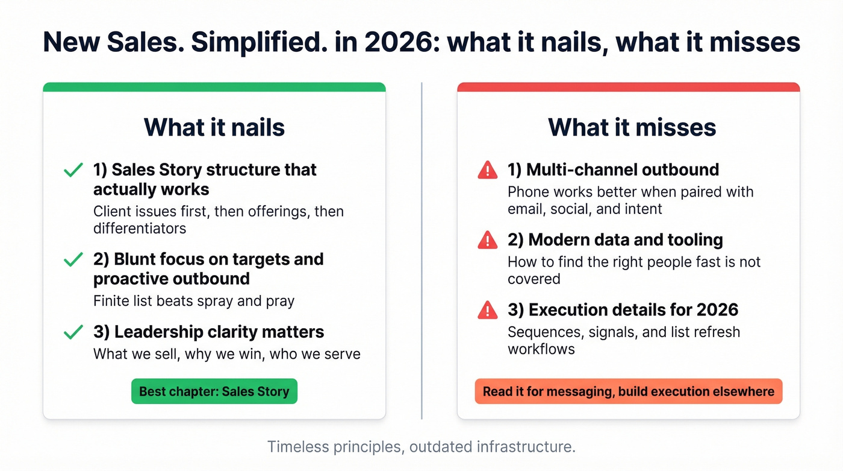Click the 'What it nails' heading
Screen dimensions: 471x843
pos(214,127)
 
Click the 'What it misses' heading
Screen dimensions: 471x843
pos(632,127)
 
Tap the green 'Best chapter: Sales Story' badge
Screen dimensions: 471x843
pos(214,391)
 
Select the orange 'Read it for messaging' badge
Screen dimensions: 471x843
pos(628,391)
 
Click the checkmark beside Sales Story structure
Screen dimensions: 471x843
pos(73,171)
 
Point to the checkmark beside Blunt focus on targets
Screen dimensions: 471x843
pos(73,260)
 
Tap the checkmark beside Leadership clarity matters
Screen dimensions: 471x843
pos(73,332)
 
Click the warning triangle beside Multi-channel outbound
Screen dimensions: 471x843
pos(487,171)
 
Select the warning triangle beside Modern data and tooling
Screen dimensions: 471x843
pos(487,241)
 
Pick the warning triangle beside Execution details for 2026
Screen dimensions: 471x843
pos(487,311)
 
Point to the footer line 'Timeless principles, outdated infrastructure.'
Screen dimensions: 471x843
pos(421,447)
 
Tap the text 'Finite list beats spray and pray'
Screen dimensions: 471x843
pos(194,301)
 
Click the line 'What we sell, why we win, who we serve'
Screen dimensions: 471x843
pos(226,354)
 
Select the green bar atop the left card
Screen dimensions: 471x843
pos(214,87)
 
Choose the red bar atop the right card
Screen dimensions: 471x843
pos(628,87)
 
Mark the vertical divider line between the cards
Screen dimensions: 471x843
pos(421,250)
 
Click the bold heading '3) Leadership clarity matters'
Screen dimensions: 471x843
pos(208,332)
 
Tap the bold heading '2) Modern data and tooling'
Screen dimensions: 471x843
pos(615,240)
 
